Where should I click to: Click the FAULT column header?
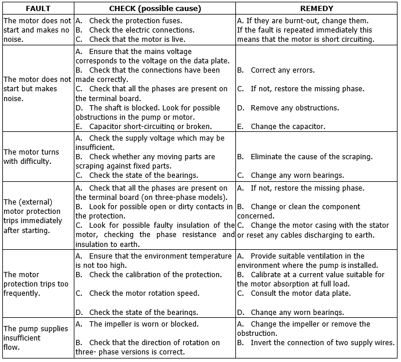pos(37,9)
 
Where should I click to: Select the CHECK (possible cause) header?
pos(154,9)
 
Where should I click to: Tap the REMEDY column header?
pos(317,9)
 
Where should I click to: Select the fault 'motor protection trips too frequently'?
pos(36,284)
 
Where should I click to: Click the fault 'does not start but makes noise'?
pos(36,89)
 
